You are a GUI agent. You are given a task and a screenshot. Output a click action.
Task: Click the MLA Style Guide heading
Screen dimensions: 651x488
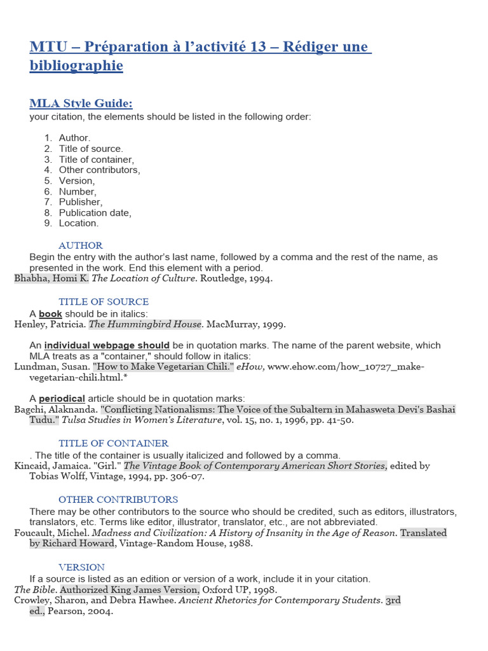pyautogui.click(x=81, y=103)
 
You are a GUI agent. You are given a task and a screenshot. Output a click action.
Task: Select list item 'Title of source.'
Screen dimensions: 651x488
pyautogui.click(x=91, y=149)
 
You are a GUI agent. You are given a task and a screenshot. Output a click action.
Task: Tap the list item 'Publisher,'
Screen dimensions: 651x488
pyautogui.click(x=80, y=202)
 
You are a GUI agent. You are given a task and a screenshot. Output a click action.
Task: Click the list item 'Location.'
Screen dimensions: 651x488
pyautogui.click(x=79, y=223)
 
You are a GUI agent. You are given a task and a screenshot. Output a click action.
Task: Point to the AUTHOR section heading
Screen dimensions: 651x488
pyautogui.click(x=81, y=245)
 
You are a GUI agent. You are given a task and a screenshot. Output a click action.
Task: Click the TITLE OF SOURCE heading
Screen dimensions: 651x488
pyautogui.click(x=104, y=302)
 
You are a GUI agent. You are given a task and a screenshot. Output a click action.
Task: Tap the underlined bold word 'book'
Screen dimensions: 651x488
pyautogui.click(x=50, y=313)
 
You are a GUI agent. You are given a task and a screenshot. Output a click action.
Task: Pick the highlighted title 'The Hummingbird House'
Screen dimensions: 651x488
pyautogui.click(x=144, y=324)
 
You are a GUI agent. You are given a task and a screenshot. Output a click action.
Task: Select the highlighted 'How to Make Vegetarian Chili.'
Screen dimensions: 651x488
pyautogui.click(x=163, y=367)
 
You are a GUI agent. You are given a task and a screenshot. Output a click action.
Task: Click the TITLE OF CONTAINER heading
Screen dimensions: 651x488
pyautogui.click(x=114, y=443)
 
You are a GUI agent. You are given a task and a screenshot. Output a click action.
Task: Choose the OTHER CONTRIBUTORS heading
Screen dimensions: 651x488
pyautogui.click(x=118, y=500)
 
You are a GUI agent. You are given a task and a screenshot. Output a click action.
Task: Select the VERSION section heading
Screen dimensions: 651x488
pyautogui.click(x=82, y=566)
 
